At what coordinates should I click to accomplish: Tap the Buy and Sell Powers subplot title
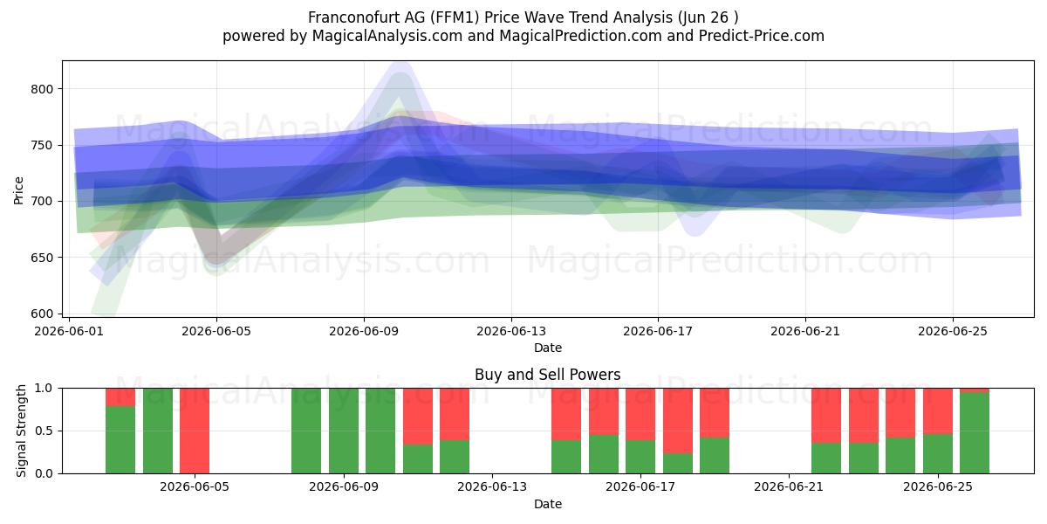pos(547,375)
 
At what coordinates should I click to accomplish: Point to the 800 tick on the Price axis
pos(42,89)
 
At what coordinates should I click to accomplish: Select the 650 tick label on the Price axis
pos(42,258)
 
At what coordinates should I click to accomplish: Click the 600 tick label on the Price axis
pos(42,314)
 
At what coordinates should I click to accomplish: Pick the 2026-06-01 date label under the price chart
pos(69,331)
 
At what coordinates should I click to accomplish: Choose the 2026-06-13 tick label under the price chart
pos(511,331)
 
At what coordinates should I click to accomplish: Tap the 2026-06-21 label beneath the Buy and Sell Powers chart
pos(789,486)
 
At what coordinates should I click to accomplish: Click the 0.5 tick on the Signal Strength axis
pos(44,431)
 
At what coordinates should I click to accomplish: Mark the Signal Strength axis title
pos(22,431)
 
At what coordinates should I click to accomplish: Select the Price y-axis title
pos(18,190)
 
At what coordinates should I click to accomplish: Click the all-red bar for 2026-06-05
pos(195,431)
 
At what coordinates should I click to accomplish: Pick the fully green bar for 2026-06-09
pos(380,431)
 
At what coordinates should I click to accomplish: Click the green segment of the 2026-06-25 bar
pos(938,454)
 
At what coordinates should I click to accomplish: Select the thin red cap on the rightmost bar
pos(975,390)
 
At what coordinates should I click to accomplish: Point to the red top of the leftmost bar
pos(120,397)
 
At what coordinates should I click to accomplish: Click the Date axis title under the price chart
pos(548,348)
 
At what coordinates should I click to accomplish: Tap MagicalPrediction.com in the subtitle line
pos(580,36)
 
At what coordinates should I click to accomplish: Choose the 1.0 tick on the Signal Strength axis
pos(44,389)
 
